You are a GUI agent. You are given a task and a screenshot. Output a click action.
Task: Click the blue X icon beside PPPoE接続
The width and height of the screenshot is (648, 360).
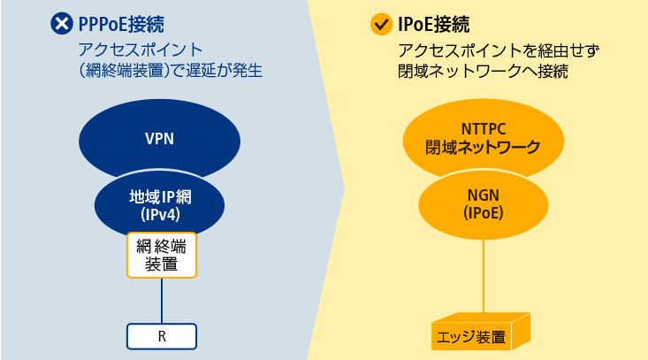(62, 23)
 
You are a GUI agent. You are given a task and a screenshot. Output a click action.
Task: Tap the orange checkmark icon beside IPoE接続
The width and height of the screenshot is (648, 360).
(381, 24)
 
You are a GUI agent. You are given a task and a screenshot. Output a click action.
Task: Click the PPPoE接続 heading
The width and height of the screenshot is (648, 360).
(121, 24)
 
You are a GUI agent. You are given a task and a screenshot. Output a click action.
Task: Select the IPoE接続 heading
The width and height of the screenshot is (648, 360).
(433, 25)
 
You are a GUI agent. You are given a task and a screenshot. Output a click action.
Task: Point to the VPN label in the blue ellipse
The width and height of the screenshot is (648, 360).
(159, 139)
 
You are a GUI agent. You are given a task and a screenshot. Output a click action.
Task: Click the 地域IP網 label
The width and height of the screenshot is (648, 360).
(160, 196)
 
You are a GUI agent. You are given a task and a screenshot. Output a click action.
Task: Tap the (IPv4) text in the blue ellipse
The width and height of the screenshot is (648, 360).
(160, 215)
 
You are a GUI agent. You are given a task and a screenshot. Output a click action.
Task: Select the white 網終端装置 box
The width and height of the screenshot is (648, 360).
(162, 255)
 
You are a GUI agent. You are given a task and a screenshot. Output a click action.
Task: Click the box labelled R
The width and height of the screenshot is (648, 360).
(162, 336)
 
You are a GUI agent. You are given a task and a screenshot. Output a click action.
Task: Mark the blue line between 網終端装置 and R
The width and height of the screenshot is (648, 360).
(162, 301)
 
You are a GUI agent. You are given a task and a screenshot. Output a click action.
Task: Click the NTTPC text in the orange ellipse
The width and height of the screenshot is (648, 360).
(484, 129)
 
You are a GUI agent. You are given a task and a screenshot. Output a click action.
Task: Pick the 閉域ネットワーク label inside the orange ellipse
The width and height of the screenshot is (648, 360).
(483, 147)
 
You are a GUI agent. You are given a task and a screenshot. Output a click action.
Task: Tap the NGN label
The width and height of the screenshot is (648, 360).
(483, 195)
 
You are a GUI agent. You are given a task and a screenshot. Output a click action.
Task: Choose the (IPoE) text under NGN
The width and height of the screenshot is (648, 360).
(483, 213)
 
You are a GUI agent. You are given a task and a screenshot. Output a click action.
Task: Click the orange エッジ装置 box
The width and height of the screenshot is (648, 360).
(481, 332)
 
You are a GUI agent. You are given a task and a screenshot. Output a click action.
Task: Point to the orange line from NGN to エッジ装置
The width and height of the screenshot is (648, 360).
(483, 276)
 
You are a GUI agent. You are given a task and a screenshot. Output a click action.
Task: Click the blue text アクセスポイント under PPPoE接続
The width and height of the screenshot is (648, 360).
(141, 50)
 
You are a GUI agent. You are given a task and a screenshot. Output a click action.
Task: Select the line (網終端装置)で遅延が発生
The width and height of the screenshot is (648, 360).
(171, 70)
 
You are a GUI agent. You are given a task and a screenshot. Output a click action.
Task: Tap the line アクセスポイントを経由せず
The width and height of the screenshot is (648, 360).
(499, 50)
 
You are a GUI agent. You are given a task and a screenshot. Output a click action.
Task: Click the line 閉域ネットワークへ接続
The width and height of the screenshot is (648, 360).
(483, 71)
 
